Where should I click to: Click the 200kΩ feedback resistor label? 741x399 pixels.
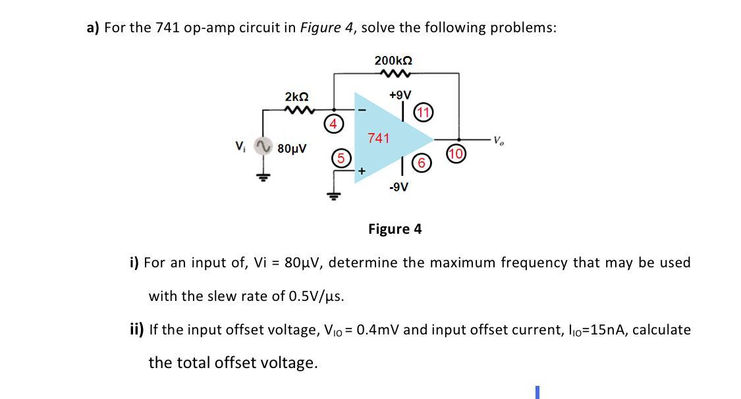point(394,61)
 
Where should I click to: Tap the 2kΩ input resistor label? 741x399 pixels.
point(296,97)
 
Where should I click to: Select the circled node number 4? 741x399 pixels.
point(333,123)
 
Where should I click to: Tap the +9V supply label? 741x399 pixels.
point(399,95)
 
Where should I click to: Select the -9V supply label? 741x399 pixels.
point(398,187)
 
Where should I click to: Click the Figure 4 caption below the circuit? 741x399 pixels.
point(395,229)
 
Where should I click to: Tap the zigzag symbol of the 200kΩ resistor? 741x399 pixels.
point(394,74)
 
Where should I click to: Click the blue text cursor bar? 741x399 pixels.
point(537,392)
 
